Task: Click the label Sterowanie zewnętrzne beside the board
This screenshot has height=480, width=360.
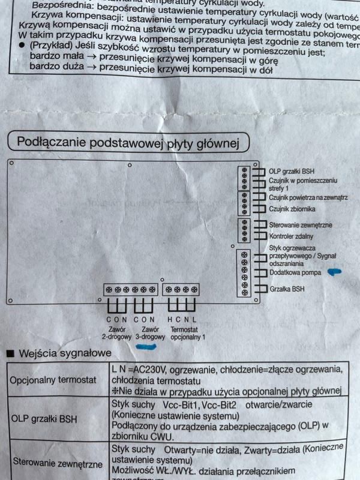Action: click(x=301, y=225)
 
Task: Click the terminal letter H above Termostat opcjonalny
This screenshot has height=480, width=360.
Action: click(x=170, y=320)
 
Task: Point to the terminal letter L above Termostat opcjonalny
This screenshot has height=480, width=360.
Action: click(x=194, y=320)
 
